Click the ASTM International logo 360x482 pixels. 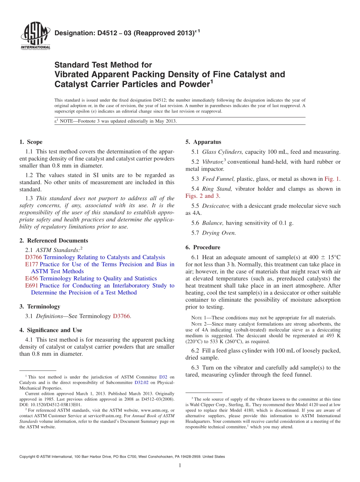coord(35,36)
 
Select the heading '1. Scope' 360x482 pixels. coord(31,142)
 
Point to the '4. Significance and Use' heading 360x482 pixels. coord(50,330)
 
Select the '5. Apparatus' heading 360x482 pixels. coord(203,142)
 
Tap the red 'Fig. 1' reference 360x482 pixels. coord(332,179)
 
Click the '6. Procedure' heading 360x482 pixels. coord(203,247)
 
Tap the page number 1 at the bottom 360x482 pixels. coord(180,466)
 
